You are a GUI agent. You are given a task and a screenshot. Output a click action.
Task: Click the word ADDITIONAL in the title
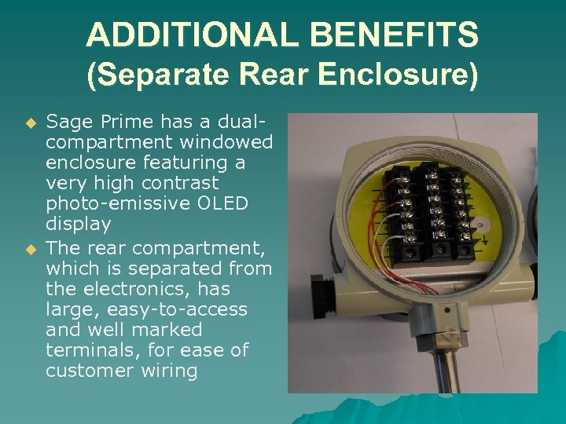pos(193,35)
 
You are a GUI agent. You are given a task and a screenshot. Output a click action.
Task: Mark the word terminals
pos(86,350)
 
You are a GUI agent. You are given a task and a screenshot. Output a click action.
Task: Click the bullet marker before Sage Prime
pos(31,123)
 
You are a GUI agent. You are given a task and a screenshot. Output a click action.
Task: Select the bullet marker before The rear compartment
pos(31,249)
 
